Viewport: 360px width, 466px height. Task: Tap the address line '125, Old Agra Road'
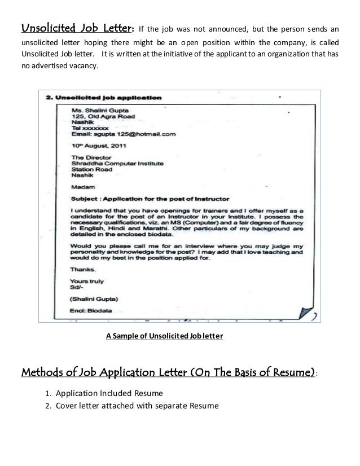pyautogui.click(x=103, y=117)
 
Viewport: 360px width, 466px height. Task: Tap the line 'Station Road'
pyautogui.click(x=91, y=170)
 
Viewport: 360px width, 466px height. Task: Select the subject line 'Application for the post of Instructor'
pyautogui.click(x=150, y=199)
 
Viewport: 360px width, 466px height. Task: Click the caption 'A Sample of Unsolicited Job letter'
pyautogui.click(x=165, y=337)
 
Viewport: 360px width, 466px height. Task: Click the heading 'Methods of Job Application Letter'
pyautogui.click(x=168, y=374)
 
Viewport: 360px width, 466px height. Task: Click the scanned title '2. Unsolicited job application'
pyautogui.click(x=104, y=97)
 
